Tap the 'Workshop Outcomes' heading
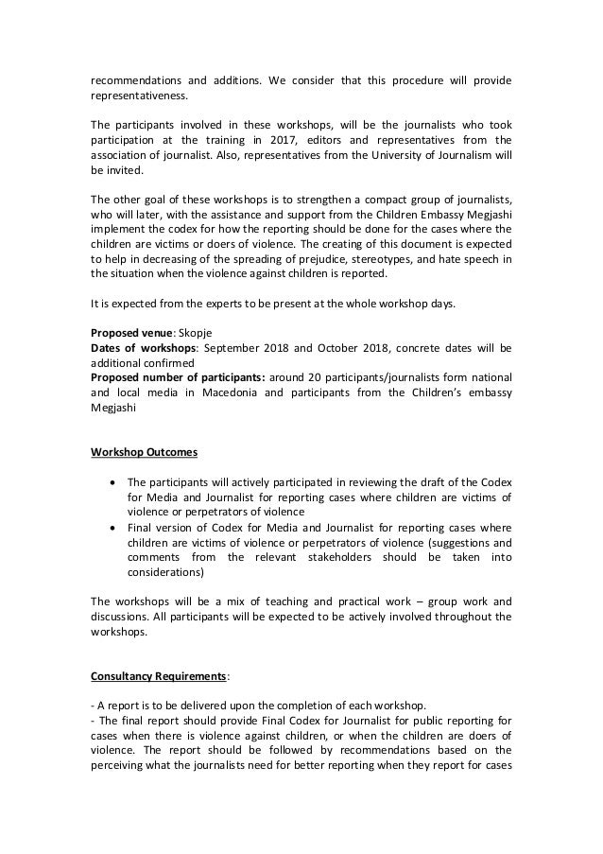144,452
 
